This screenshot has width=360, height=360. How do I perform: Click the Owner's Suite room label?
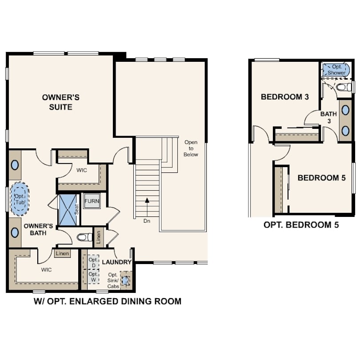[60, 102]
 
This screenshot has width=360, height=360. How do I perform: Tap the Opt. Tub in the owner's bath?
[20, 199]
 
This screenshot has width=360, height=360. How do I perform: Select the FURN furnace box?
[92, 201]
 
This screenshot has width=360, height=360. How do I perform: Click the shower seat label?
[77, 209]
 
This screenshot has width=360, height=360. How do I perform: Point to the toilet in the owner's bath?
[84, 237]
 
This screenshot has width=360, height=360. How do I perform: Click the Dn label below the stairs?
[147, 221]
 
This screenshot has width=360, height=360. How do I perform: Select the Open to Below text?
[191, 148]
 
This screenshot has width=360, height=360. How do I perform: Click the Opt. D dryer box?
[93, 262]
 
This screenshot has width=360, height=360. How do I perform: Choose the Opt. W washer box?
[93, 276]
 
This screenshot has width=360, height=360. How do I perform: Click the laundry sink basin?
[125, 280]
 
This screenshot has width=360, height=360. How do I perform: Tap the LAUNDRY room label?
[116, 262]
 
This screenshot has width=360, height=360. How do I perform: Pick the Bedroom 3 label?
[285, 96]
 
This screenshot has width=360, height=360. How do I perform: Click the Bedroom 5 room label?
[321, 178]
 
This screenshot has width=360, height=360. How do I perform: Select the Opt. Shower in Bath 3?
[336, 70]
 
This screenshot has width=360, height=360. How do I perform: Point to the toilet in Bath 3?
[344, 87]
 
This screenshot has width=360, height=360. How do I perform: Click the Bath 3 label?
[328, 117]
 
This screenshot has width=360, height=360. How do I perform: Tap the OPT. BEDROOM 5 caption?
[301, 225]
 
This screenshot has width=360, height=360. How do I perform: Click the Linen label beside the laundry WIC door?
[62, 253]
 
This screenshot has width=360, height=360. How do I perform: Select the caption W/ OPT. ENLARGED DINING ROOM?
[108, 301]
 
